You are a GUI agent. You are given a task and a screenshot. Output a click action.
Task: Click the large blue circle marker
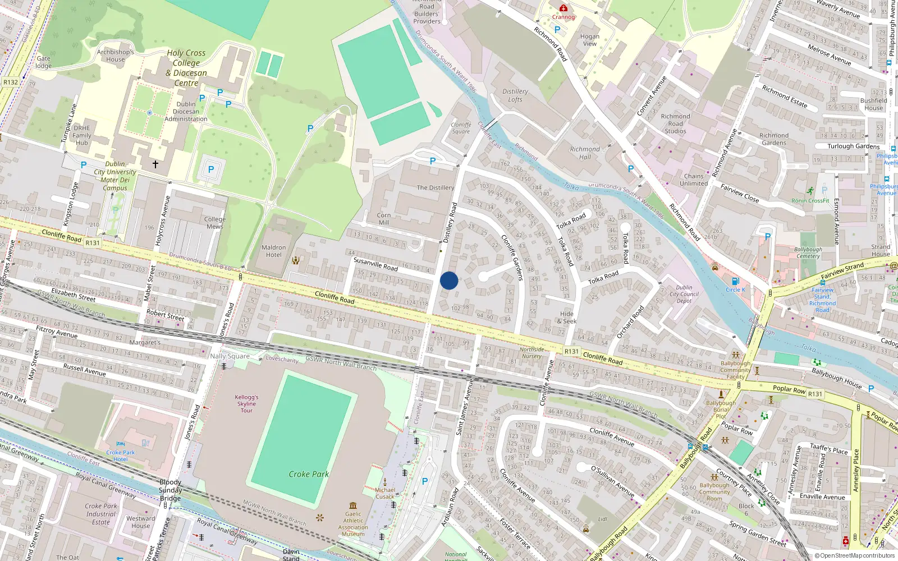point(449,280)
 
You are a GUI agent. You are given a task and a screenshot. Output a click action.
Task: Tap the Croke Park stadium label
point(309,474)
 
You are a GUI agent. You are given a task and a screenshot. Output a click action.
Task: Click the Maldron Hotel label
point(273,251)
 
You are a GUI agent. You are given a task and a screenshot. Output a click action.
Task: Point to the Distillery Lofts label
point(515,95)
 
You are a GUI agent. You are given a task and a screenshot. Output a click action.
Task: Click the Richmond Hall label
point(585,153)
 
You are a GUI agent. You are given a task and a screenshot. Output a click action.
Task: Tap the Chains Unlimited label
point(694,180)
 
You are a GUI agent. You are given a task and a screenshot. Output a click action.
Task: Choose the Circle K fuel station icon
point(735,281)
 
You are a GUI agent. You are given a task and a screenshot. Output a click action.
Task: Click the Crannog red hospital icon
point(563,8)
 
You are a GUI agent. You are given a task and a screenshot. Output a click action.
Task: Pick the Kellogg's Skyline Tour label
point(246,403)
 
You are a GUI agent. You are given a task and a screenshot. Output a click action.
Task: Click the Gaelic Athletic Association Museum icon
point(353,505)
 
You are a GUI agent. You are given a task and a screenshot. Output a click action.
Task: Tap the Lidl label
point(602,519)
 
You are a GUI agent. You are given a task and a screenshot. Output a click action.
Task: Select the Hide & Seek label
point(567,318)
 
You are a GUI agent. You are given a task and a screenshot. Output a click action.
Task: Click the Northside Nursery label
point(532,352)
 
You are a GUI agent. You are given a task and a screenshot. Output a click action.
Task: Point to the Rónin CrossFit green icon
point(810,191)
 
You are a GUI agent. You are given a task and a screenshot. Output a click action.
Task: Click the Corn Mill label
point(384,219)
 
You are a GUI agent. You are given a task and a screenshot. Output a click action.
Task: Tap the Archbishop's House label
point(115,56)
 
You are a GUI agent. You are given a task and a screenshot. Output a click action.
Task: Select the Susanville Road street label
point(375,264)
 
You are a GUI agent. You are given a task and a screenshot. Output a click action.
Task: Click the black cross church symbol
point(155,164)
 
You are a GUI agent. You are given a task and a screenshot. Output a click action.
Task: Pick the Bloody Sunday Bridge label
point(170,490)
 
